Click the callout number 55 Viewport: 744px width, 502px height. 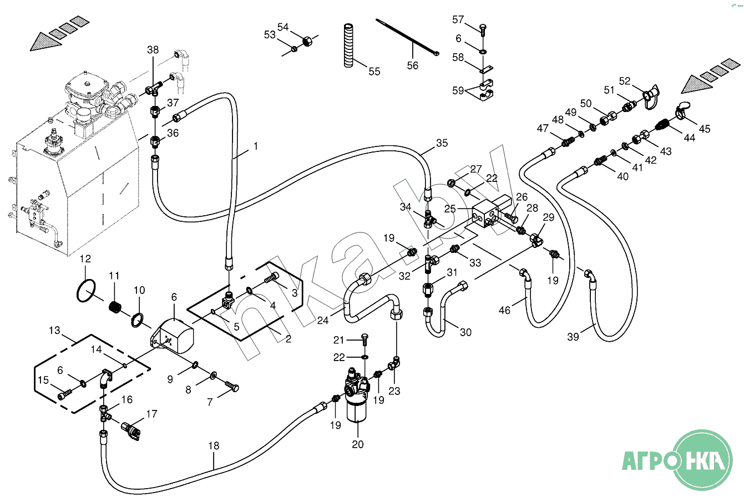tap(374, 71)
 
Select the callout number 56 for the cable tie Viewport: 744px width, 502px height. tap(413, 65)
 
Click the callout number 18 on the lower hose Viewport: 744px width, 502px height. tap(214, 445)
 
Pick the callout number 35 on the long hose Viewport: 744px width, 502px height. tap(442, 143)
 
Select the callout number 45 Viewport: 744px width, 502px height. tap(705, 129)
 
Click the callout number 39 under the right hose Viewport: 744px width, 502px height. tap(573, 336)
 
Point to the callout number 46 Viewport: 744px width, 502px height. tap(504, 311)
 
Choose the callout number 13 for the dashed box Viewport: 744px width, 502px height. tap(54, 331)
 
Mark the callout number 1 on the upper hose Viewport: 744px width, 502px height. tap(256, 146)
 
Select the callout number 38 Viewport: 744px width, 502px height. tap(153, 50)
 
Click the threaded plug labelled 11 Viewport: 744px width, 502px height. tap(114, 306)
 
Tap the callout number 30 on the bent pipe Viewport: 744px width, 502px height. tap(466, 332)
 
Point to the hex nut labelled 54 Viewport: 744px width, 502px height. tap(307, 40)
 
